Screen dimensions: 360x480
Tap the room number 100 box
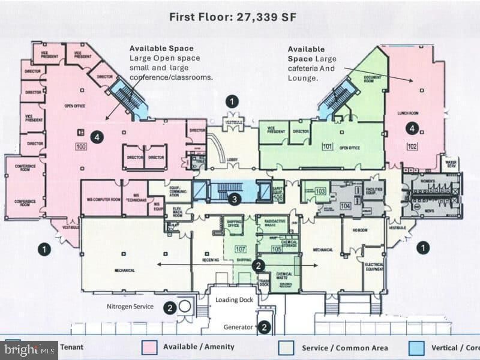click(x=81, y=146)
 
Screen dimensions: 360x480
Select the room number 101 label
click(x=327, y=145)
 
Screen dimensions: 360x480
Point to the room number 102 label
click(x=412, y=145)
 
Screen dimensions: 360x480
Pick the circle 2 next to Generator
click(x=264, y=327)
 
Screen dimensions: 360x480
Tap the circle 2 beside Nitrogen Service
click(x=170, y=307)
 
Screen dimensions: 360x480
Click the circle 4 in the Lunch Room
click(x=411, y=128)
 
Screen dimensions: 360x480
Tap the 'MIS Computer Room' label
click(x=100, y=199)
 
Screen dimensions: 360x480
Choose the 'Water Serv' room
click(x=451, y=164)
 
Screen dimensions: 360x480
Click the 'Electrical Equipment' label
click(x=374, y=267)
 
